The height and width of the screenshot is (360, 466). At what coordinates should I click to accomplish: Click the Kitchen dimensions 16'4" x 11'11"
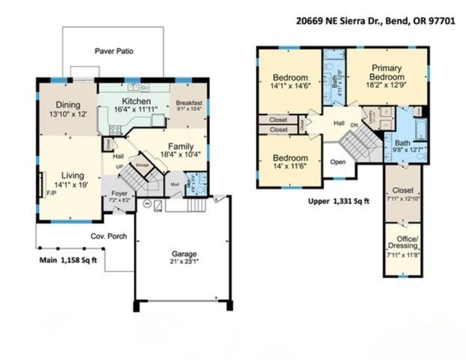137,110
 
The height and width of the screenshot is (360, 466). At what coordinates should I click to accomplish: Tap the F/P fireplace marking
51,192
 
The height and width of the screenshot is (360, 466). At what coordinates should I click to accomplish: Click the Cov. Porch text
110,236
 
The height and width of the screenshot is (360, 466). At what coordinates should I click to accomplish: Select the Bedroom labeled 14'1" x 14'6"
290,78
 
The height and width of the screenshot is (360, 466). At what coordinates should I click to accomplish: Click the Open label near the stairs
338,161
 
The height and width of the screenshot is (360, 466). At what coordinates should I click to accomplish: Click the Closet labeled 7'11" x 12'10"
403,190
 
